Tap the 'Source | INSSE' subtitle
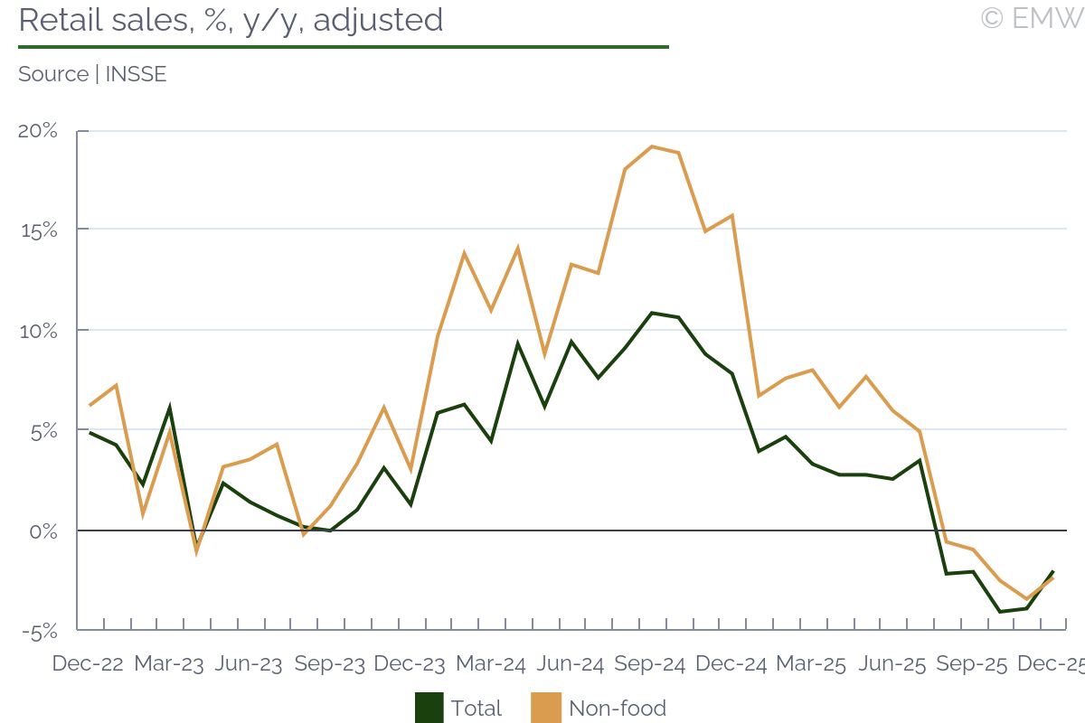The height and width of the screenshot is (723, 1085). [92, 74]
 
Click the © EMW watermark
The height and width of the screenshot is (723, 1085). [1032, 18]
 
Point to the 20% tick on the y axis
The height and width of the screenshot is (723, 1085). [38, 131]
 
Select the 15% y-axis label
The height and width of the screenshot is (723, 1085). [38, 230]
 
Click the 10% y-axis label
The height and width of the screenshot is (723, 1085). [38, 331]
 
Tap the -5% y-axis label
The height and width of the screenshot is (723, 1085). [38, 631]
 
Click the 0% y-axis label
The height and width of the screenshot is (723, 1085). [43, 531]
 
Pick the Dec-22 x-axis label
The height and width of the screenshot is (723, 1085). [87, 663]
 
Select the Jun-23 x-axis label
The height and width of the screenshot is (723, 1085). [249, 663]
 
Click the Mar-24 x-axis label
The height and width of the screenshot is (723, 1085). [490, 663]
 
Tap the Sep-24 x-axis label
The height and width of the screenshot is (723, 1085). [650, 663]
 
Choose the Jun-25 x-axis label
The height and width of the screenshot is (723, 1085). [892, 663]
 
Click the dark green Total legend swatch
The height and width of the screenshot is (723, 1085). [429, 708]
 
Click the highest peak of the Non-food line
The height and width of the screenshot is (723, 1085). [651, 146]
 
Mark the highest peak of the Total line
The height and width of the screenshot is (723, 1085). [651, 313]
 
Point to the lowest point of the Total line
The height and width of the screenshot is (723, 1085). [999, 612]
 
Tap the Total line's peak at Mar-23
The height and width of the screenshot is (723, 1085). [169, 408]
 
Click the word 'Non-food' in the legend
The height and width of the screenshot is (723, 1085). [618, 708]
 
